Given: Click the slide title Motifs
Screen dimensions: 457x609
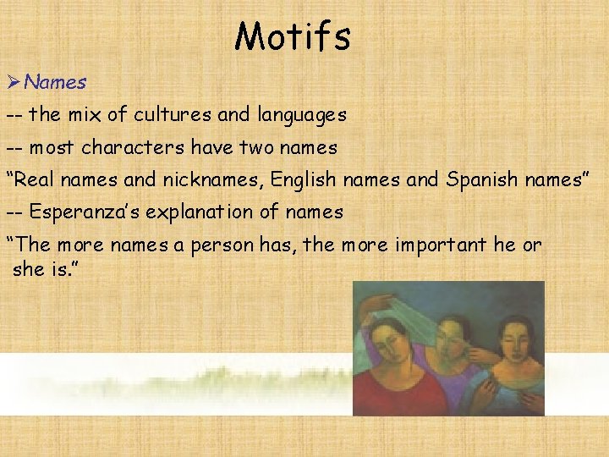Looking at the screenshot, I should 293,36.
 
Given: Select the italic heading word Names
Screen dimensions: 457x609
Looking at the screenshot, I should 56,82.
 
